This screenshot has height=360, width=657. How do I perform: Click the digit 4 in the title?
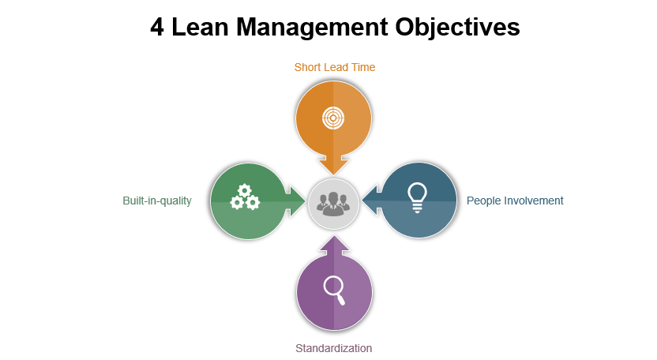point(157,28)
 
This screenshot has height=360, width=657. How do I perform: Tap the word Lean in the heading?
point(200,28)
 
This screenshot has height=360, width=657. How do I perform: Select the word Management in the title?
point(312,28)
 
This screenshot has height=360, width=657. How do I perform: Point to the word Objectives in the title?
point(457,28)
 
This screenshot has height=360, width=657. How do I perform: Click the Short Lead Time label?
point(334,67)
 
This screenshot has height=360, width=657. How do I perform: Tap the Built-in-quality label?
point(157,201)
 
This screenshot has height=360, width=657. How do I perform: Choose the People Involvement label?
point(515,201)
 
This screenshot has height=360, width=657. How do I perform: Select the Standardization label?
point(333,348)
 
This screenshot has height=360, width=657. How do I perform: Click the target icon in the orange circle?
point(333,118)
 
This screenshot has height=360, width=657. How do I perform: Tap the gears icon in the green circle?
point(245,197)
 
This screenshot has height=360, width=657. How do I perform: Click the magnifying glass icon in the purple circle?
point(334,291)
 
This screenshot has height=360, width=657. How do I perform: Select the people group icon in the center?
point(333,204)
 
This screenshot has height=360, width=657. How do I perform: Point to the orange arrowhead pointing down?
point(334,166)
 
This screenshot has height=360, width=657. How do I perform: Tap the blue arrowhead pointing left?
point(371,201)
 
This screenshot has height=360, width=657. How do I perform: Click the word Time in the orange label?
point(363,67)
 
